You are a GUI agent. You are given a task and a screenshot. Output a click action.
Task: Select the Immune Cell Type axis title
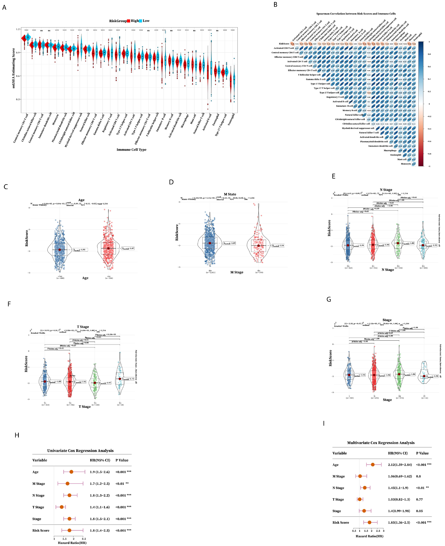click(x=131, y=150)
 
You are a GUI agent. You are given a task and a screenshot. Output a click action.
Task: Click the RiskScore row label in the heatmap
click(x=284, y=44)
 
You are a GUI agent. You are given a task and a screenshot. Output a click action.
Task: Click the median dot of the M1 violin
click(x=258, y=246)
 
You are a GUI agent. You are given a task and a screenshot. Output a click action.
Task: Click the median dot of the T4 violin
click(x=120, y=379)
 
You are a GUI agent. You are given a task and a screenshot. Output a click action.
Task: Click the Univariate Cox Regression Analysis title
click(x=80, y=451)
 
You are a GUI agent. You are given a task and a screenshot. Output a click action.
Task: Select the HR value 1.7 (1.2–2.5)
click(x=100, y=484)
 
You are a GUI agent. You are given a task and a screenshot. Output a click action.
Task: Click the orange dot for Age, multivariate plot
click(x=373, y=465)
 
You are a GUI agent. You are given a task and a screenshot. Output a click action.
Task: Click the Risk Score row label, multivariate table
click(x=341, y=522)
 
